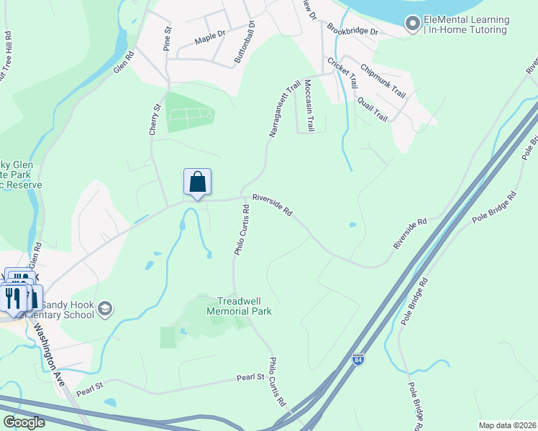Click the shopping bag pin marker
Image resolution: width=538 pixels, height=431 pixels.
[x=198, y=182]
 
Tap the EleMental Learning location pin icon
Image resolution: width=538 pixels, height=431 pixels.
[x=413, y=25]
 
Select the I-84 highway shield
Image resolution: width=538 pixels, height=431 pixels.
[x=358, y=358]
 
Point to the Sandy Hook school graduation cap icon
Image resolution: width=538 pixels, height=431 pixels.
[x=105, y=309]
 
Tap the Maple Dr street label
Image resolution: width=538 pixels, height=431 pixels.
[x=210, y=34]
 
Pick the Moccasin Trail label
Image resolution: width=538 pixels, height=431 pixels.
[x=310, y=105]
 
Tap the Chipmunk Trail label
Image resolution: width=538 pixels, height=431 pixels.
[x=383, y=82]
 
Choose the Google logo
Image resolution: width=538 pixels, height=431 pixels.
[x=23, y=422]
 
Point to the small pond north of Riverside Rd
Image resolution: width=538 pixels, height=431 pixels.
[x=352, y=225]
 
